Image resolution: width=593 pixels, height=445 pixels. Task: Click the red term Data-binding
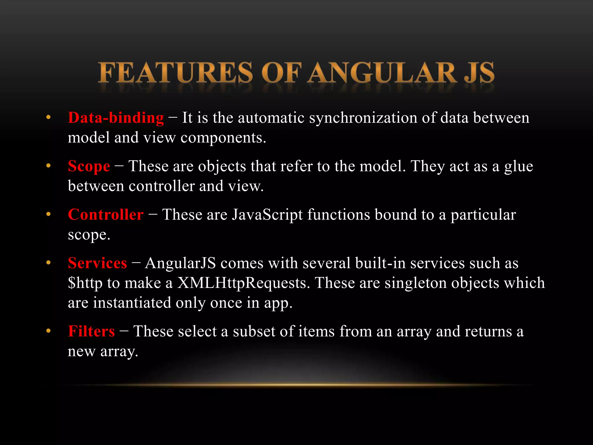pyautogui.click(x=116, y=118)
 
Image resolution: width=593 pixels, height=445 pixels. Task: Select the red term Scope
pyautogui.click(x=89, y=167)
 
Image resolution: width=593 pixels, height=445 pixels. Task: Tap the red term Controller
pyautogui.click(x=106, y=215)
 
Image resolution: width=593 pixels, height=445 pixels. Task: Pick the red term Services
pyautogui.click(x=97, y=263)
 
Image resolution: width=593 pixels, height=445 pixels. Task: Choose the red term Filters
pyautogui.click(x=91, y=331)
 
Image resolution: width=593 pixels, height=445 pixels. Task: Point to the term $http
pyautogui.click(x=85, y=283)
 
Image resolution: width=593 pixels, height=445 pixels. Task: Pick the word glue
pyautogui.click(x=519, y=167)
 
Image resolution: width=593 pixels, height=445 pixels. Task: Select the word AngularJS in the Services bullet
pyautogui.click(x=180, y=263)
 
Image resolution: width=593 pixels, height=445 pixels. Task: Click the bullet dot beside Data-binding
pyautogui.click(x=48, y=118)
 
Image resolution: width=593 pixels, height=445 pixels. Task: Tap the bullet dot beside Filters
pyautogui.click(x=48, y=331)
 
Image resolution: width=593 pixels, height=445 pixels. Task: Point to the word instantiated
pyautogui.click(x=132, y=303)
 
